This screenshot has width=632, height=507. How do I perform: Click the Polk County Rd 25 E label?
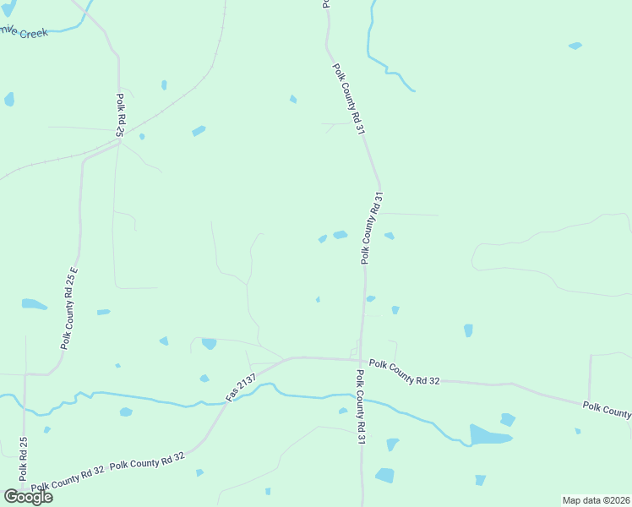(69, 309)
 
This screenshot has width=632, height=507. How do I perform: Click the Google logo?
(28, 496)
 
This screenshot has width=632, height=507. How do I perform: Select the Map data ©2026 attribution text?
(596, 499)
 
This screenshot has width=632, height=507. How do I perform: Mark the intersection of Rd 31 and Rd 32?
(362, 359)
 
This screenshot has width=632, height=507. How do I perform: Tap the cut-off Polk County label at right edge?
(607, 411)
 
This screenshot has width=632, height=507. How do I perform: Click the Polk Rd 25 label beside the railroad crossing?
(121, 115)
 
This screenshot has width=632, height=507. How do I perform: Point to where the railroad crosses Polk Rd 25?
(120, 141)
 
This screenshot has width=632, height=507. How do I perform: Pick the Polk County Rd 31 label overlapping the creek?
(361, 406)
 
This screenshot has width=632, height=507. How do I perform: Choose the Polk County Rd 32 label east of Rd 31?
(405, 371)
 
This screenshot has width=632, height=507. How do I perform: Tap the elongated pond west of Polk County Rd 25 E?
(35, 304)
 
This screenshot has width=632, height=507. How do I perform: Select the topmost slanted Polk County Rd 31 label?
(348, 100)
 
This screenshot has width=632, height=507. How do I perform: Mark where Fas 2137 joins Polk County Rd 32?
(290, 358)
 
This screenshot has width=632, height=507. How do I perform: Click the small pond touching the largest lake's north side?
(507, 419)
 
